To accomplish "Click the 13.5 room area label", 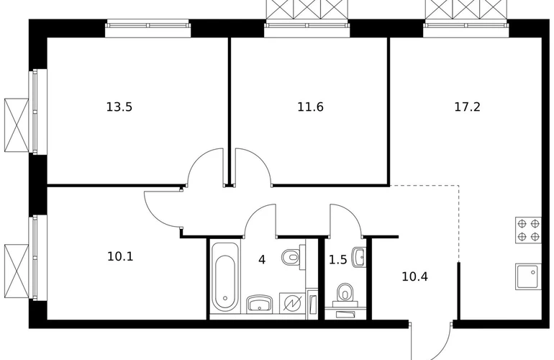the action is pos(119,107).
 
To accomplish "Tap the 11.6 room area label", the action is pos(310,107).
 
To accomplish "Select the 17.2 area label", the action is pos(467,107).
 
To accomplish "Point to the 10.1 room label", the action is pos(120,256).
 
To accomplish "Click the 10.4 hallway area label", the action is pos(415,276).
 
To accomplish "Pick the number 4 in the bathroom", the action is pos(262,260).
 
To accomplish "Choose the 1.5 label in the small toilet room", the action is pos(337,260).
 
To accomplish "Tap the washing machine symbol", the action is pos(292,302).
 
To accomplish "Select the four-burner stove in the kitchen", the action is pos(528,230).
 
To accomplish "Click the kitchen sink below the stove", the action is pos(528,276).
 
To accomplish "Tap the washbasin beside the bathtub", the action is pos(260,304).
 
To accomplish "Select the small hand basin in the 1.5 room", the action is pos(359,256).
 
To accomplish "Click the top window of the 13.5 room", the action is pos(147,29).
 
